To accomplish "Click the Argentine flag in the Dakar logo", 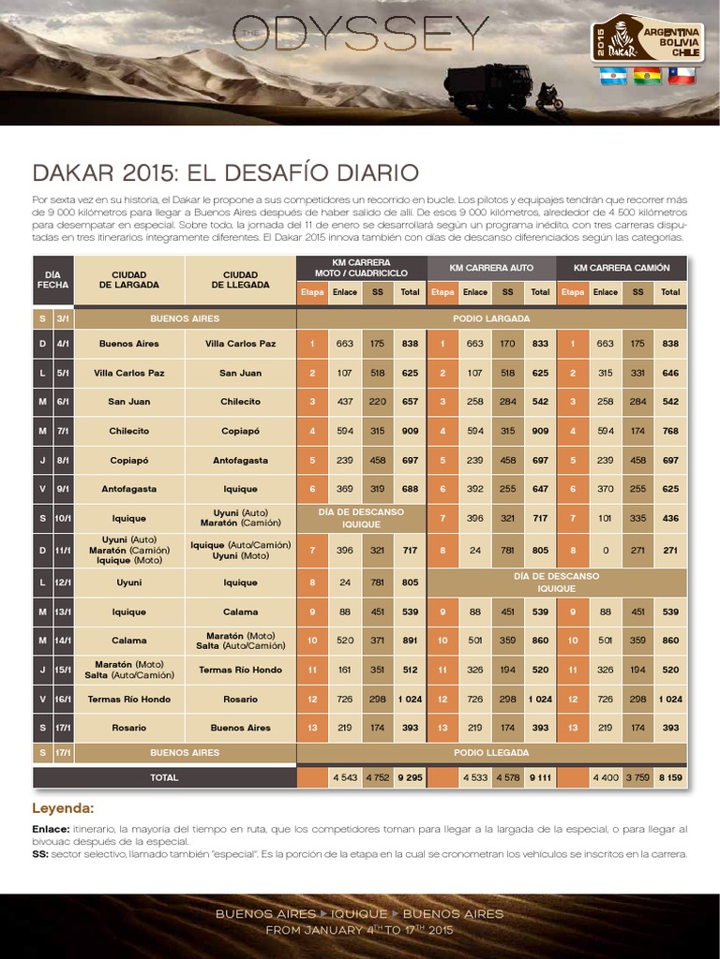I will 613,76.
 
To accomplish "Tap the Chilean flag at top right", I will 681,76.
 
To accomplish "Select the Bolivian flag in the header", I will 647,76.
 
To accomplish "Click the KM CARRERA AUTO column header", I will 491,268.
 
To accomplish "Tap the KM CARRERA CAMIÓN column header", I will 622,268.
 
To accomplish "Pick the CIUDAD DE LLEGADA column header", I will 240,279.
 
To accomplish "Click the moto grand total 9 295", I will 409,777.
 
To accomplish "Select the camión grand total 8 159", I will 670,777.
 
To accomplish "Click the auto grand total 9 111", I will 540,777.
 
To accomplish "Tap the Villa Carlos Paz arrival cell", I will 240,344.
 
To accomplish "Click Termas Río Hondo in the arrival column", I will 240,670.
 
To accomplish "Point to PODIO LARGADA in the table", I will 491,318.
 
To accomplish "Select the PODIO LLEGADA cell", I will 491,752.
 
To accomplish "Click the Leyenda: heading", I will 64,807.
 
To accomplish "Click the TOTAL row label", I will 164,777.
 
